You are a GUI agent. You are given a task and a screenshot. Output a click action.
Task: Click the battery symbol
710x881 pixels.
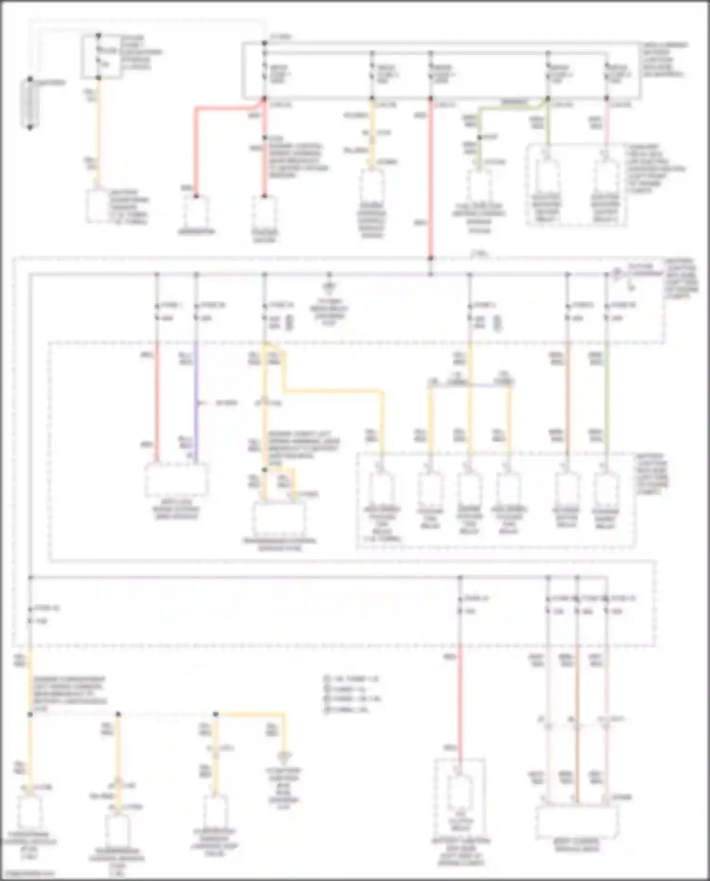click(x=30, y=104)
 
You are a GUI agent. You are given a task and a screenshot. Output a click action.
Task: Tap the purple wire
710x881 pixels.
click(x=196, y=402)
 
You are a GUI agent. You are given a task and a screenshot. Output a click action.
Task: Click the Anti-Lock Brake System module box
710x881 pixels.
click(x=176, y=479)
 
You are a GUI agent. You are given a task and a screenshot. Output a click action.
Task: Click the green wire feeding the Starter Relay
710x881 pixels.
click(x=606, y=402)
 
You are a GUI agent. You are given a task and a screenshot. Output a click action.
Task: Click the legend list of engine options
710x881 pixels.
click(x=353, y=694)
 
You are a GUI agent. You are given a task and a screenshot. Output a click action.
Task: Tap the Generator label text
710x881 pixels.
click(x=196, y=232)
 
